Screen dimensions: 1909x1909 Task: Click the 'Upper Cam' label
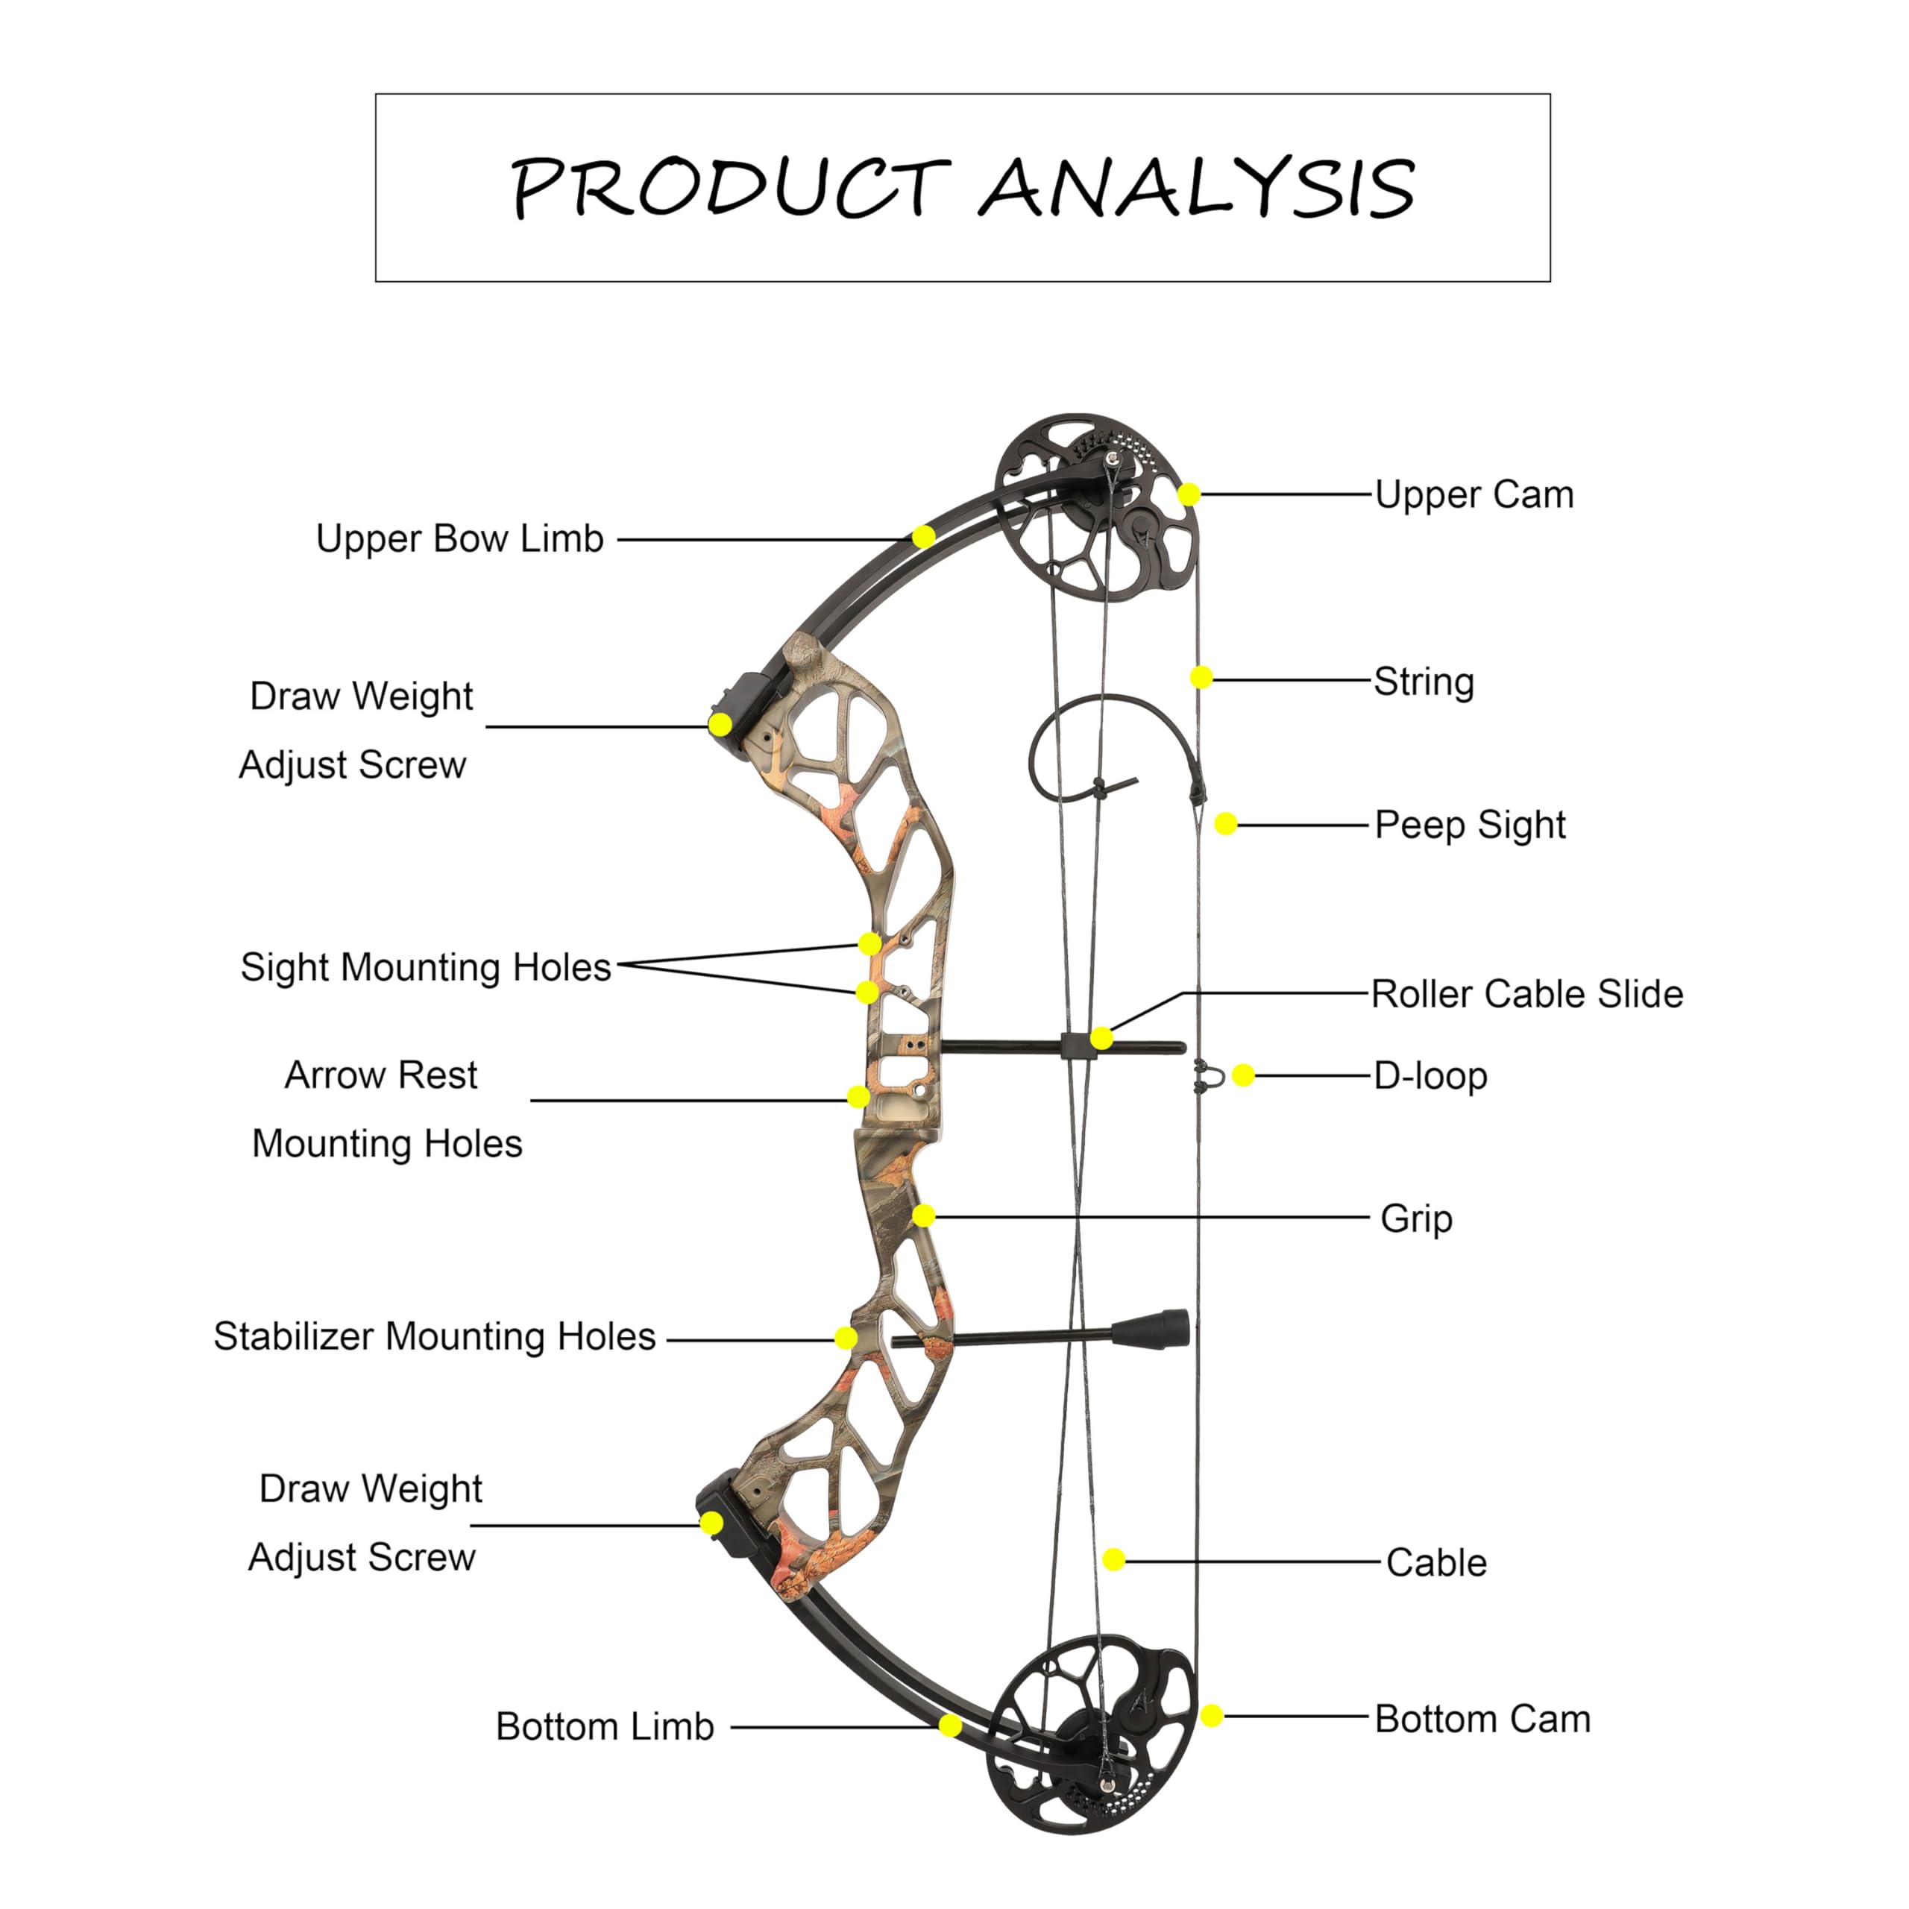coord(1474,495)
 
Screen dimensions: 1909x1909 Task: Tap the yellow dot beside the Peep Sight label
coord(1225,823)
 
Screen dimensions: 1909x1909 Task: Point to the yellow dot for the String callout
coord(1201,677)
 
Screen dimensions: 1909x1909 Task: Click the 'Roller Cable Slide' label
coord(1526,993)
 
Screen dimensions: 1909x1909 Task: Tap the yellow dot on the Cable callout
coord(1113,1559)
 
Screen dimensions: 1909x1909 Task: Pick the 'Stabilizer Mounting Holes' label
coord(435,1336)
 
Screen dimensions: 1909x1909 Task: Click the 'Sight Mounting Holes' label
coord(426,967)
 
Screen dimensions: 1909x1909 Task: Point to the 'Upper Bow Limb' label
coord(459,538)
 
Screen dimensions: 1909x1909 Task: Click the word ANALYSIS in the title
coord(1198,188)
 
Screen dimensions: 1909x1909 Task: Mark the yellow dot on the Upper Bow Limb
coord(924,537)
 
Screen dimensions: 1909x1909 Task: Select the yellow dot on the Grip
coord(924,1215)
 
